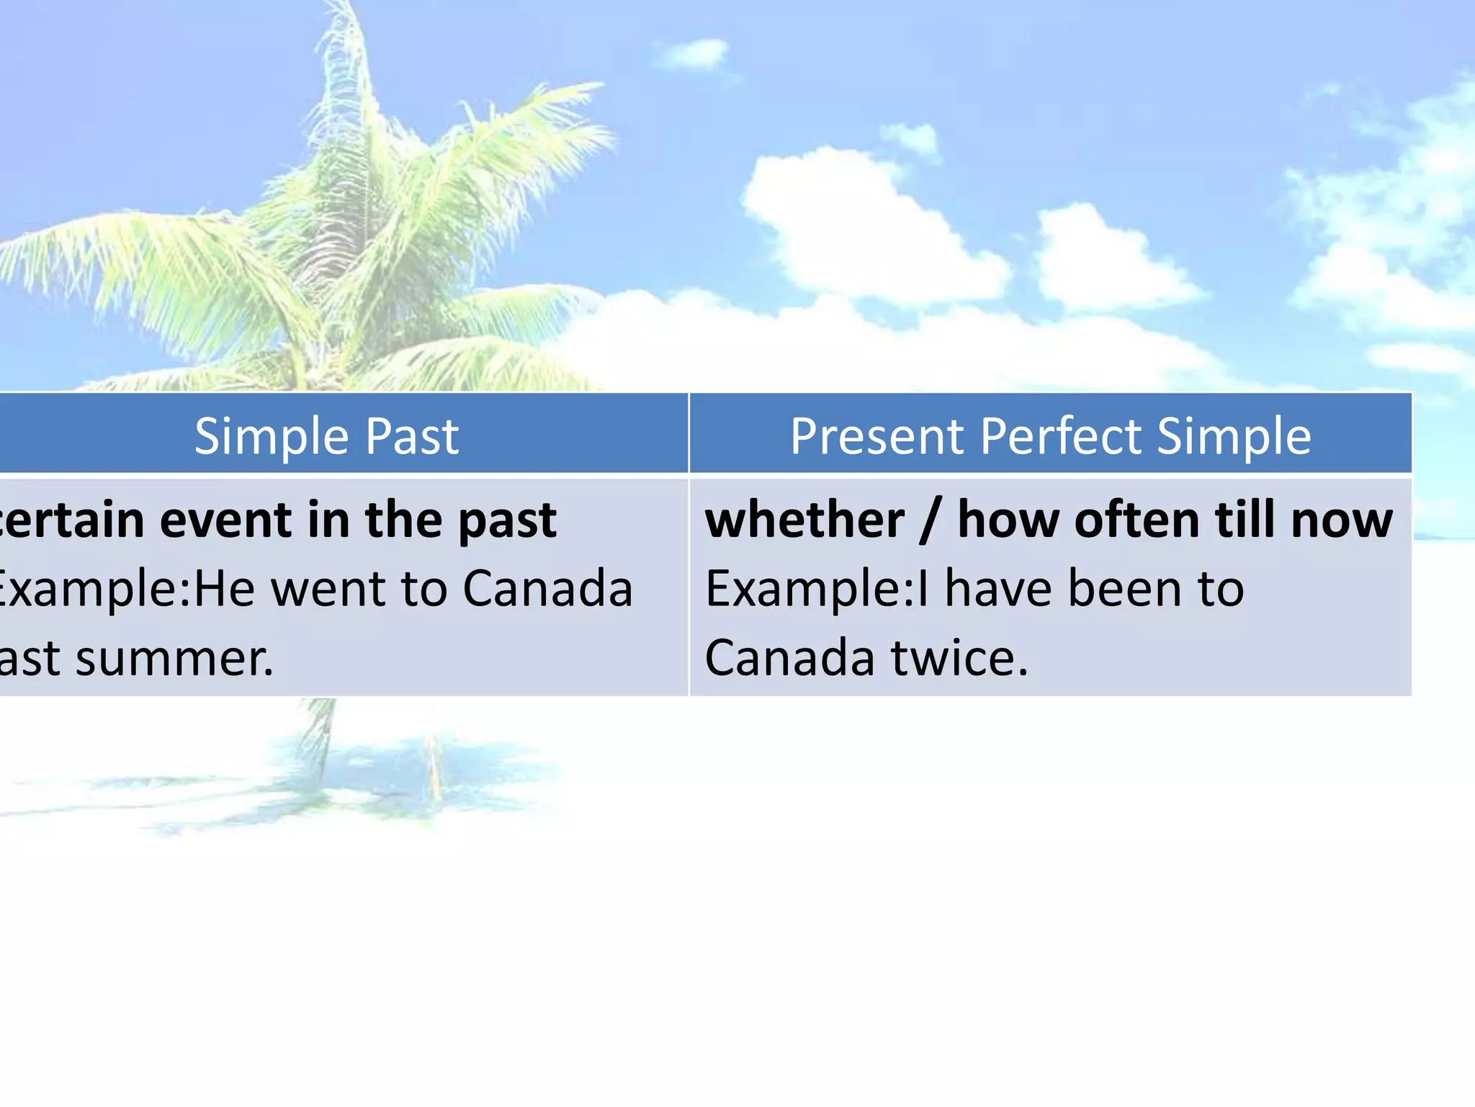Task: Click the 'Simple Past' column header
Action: (326, 436)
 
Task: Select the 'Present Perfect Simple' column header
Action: (1050, 436)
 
